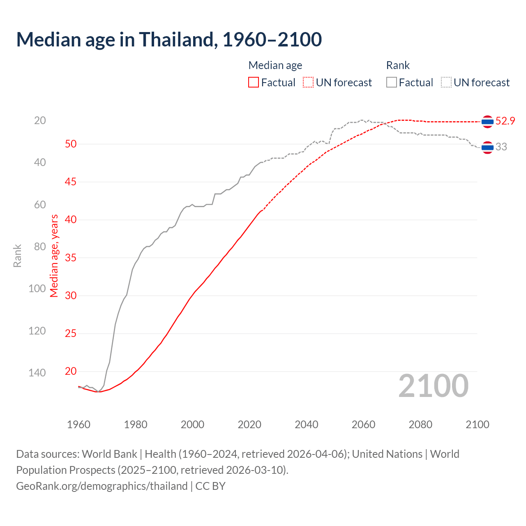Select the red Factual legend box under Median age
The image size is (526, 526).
(254, 83)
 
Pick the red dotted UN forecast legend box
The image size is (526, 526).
(308, 83)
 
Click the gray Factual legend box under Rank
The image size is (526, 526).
(392, 83)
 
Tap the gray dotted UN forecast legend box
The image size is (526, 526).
(446, 83)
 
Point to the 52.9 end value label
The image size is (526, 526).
(505, 121)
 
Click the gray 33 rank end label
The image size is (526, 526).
(501, 147)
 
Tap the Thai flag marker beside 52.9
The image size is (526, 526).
(487, 122)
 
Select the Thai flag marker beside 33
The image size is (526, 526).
(487, 147)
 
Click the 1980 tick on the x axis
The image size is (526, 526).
(136, 424)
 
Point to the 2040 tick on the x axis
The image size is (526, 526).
(307, 424)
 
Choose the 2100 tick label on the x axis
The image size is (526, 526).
(477, 424)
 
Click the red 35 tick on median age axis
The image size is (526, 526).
(71, 258)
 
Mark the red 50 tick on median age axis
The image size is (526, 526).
(71, 144)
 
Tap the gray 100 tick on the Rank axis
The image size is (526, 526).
(37, 288)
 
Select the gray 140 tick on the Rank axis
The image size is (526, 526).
(37, 373)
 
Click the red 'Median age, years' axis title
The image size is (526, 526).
(54, 256)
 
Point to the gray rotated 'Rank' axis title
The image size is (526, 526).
(17, 256)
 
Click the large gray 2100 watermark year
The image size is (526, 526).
(433, 386)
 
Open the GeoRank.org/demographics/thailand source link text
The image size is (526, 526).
(102, 486)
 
